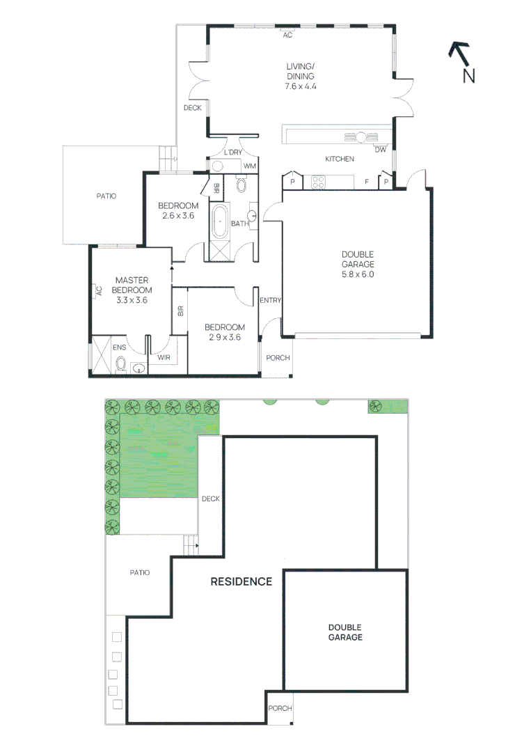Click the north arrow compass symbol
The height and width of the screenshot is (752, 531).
point(462,63)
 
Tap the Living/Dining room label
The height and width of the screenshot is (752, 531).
point(301,71)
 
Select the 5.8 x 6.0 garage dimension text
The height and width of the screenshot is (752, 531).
point(358,274)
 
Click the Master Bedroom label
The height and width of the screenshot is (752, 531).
point(132,285)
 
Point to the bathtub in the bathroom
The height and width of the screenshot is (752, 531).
point(220,221)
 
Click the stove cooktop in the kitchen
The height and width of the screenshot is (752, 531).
point(319,182)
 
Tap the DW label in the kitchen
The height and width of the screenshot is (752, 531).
point(381,150)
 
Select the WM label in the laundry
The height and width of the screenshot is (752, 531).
point(250,166)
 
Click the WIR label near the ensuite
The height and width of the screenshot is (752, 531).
point(164,357)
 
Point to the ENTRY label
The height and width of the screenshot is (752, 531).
point(270,300)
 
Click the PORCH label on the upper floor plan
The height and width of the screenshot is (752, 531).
point(278,358)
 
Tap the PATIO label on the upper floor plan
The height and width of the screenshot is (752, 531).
point(106,196)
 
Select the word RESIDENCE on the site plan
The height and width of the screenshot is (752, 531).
point(241,581)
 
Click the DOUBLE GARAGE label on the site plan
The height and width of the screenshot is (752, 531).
point(345,632)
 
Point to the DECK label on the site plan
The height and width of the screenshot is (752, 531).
point(211,499)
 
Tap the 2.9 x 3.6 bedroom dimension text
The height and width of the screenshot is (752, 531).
point(225,337)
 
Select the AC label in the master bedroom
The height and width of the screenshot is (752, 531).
point(100,290)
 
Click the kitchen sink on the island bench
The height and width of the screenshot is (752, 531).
point(361,138)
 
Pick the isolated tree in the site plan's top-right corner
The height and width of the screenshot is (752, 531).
point(375,405)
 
